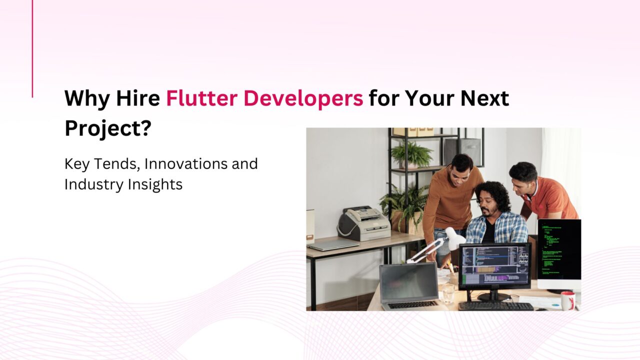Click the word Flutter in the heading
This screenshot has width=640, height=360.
pos(201,98)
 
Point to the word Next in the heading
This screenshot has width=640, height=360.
pos(484,98)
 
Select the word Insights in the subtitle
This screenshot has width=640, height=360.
pos(155,185)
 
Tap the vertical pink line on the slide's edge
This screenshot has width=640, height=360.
pos(32,48)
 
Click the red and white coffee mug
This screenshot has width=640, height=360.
pos(567,300)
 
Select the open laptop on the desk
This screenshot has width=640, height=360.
pos(409,286)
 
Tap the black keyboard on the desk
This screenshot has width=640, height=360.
pos(496,306)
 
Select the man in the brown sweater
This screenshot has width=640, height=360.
pos(450,200)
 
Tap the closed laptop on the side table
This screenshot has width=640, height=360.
pos(333,245)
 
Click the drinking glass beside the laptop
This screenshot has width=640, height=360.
pos(448,293)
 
